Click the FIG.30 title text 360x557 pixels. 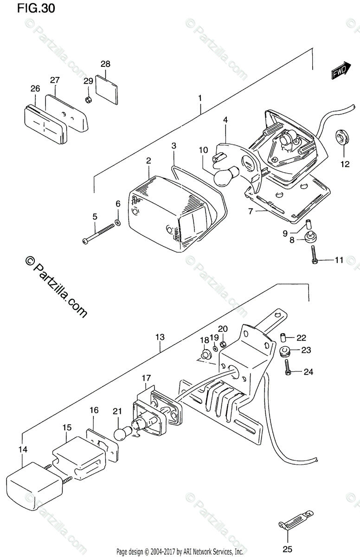[x=36, y=8]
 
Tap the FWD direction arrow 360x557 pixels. [x=341, y=71]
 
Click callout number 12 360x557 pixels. [x=345, y=164]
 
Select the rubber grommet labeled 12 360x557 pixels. [x=342, y=137]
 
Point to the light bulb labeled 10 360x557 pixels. [x=226, y=176]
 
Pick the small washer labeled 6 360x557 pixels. [x=118, y=222]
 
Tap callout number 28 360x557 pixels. [x=105, y=64]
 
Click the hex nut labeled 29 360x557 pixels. [x=88, y=100]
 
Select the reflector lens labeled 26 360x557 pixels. [x=46, y=124]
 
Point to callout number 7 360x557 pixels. [x=251, y=211]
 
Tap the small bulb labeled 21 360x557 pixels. [x=123, y=434]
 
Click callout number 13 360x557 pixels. [x=160, y=337]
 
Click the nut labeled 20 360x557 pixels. [x=223, y=344]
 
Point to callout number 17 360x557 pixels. [x=146, y=378]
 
